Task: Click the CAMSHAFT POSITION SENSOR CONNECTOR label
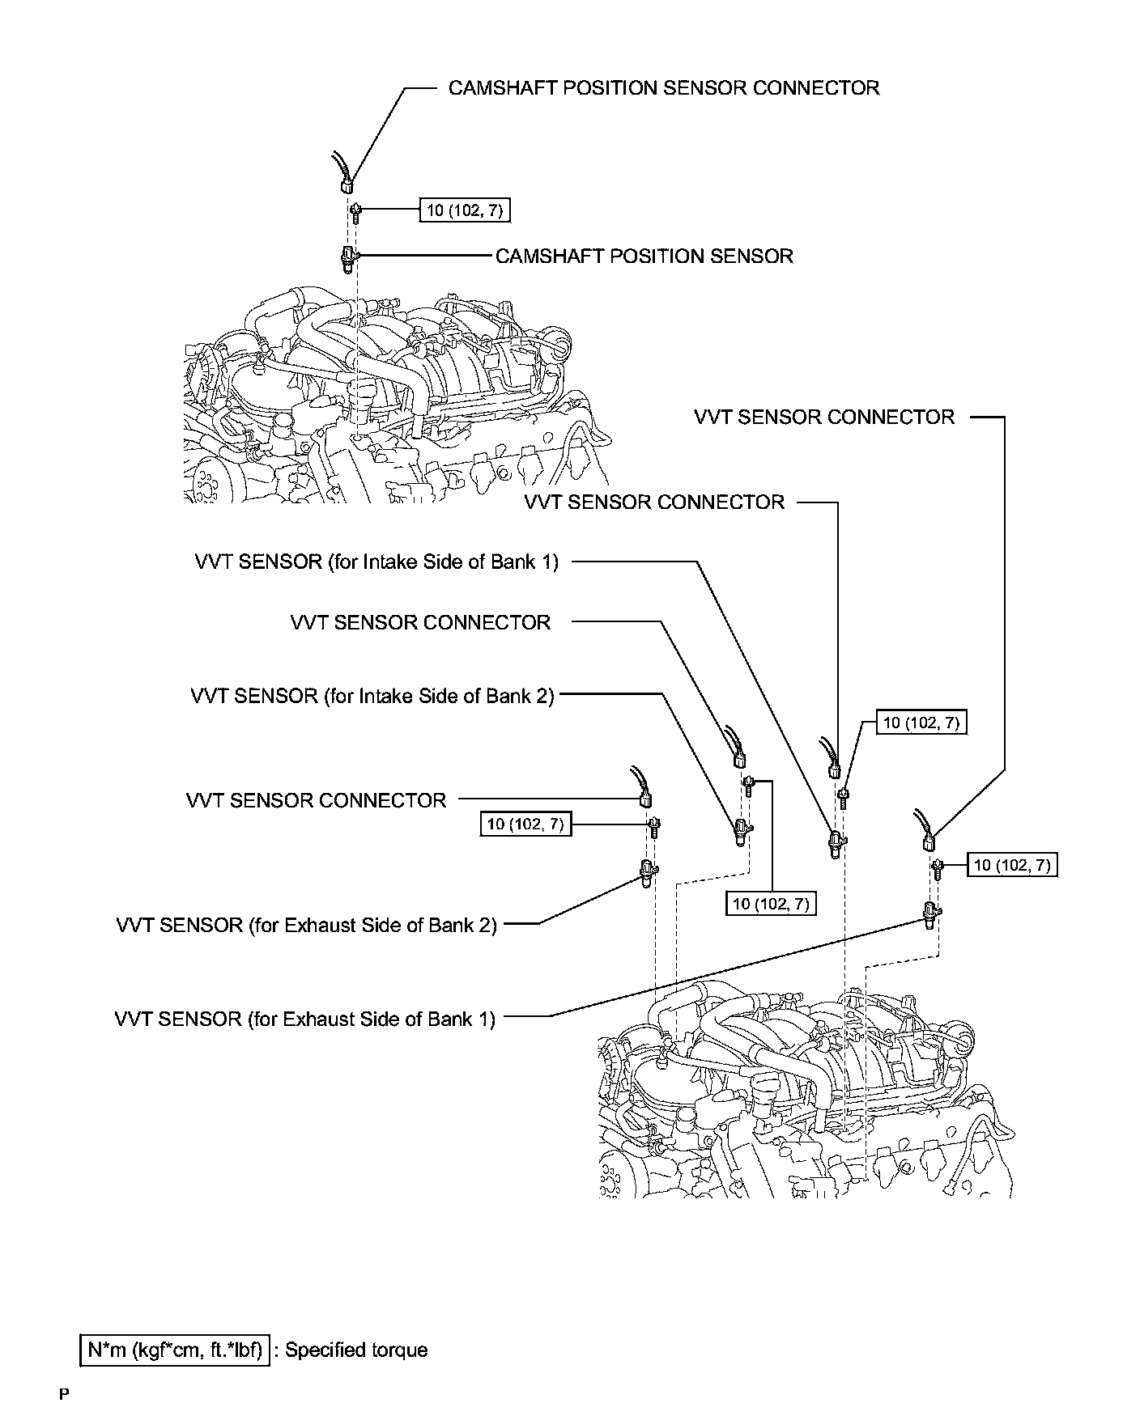point(663,88)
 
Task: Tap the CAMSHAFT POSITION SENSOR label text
point(644,256)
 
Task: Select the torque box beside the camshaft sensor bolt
point(465,210)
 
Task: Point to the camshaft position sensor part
point(348,259)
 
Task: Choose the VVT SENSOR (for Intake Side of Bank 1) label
point(376,562)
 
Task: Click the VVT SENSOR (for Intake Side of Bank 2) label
point(372,696)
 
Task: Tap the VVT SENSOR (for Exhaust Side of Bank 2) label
point(306,925)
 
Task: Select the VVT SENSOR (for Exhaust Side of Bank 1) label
point(304,1019)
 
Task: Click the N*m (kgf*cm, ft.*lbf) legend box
point(175,1350)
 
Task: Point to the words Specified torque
point(356,1350)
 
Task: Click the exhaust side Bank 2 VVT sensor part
point(647,874)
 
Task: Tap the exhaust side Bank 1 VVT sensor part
point(930,913)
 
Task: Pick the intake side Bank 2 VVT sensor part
point(741,831)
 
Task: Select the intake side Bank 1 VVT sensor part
point(835,844)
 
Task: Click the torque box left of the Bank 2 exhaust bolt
point(525,824)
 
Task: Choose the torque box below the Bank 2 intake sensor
point(771,904)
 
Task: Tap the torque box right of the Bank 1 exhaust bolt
point(1012,865)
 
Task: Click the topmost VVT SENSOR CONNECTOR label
point(824,418)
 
